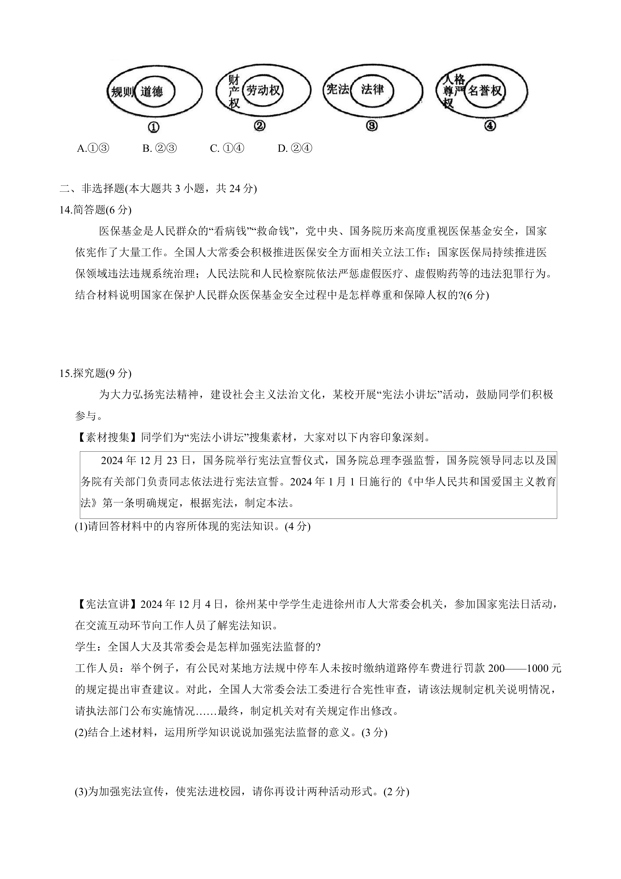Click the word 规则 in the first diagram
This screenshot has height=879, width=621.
pyautogui.click(x=122, y=92)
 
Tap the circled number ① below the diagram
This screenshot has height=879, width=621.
pyautogui.click(x=153, y=127)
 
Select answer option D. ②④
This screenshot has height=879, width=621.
pyautogui.click(x=295, y=149)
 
